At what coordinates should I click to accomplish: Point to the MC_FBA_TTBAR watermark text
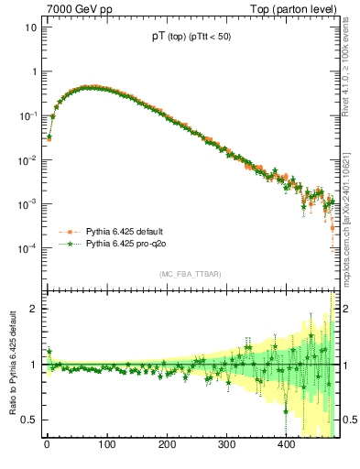pos(190,274)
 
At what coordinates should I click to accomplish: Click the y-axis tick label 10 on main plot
pos(30,27)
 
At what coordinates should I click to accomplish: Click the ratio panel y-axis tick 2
pos(33,309)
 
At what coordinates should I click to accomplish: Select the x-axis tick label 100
pos(106,446)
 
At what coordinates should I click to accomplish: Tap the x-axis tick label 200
pos(166,446)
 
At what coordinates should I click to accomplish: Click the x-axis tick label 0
pos(47,446)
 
